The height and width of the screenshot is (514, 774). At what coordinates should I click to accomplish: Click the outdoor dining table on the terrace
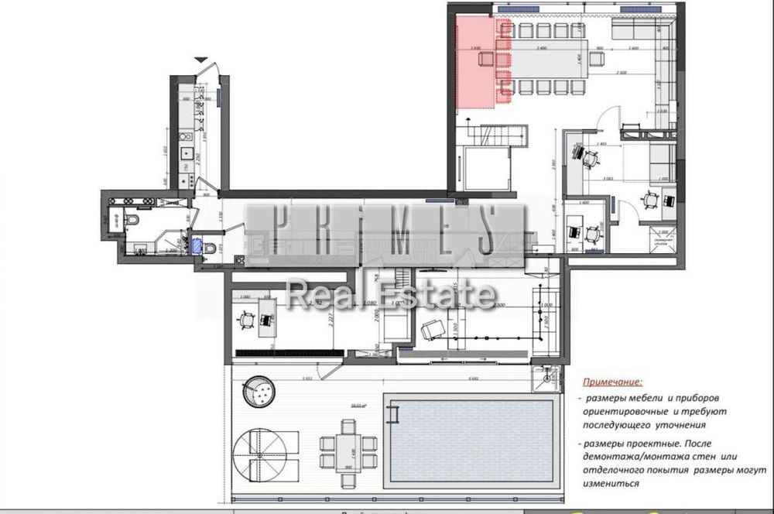348,446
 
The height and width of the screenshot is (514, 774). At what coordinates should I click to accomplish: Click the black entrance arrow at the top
201,60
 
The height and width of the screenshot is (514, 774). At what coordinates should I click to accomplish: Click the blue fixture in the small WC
198,246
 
